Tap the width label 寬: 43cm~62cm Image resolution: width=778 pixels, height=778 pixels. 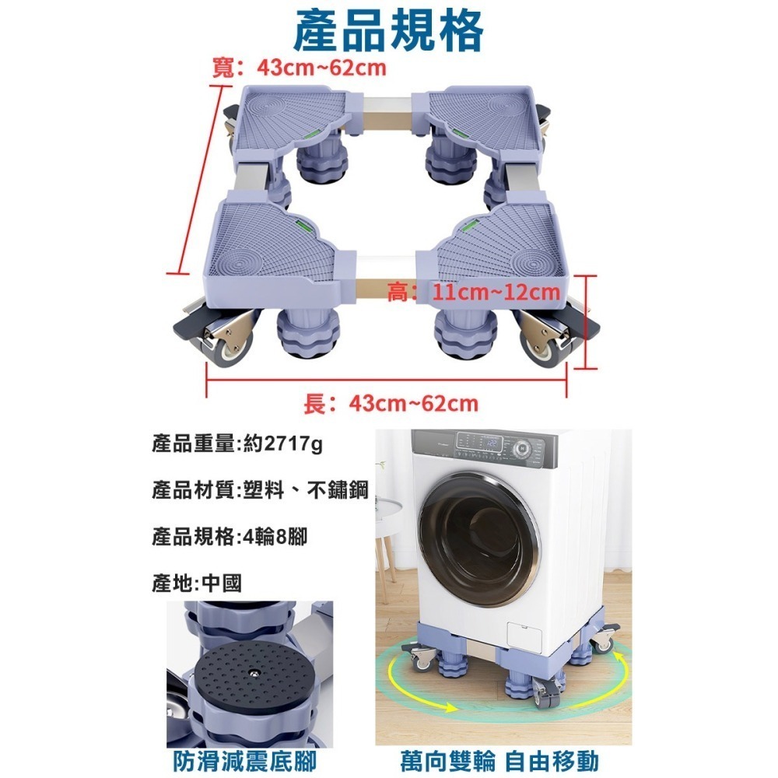[x=300, y=68]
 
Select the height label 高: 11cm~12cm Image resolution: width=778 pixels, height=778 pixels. [x=474, y=293]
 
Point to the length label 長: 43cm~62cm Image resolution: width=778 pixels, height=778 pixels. [x=390, y=404]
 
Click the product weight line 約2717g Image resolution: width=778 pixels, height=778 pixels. [x=237, y=445]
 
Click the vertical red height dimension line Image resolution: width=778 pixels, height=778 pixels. [x=589, y=322]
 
